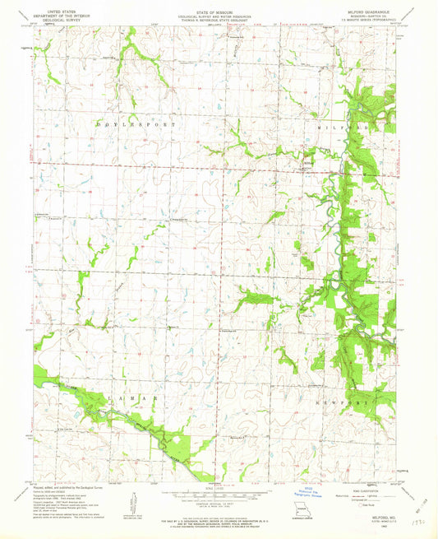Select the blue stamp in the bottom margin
coord(310,492)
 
